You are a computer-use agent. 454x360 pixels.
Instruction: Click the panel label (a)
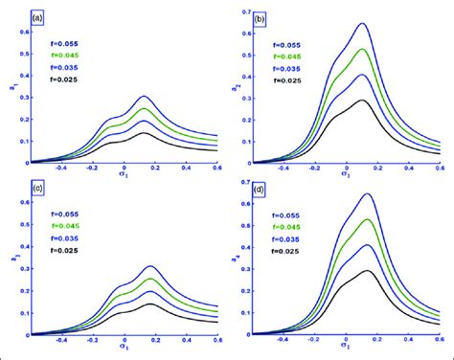(37, 18)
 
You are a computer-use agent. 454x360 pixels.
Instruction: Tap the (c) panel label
(37, 190)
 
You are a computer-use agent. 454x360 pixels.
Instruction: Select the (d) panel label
(259, 190)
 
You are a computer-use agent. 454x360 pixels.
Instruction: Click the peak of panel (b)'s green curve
(362, 49)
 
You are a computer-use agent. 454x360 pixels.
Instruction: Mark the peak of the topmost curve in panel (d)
(367, 194)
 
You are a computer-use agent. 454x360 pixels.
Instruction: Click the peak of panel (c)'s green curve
(149, 279)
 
